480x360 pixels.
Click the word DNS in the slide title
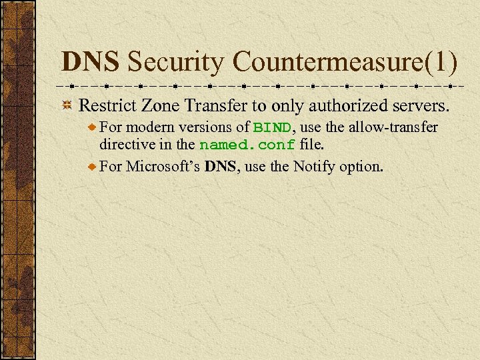[x=90, y=63]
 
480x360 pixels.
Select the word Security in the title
[x=176, y=63]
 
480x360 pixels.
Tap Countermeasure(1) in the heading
[x=345, y=63]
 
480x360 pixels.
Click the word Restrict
[x=104, y=105]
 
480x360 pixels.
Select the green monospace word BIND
[x=271, y=127]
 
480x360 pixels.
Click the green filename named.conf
[x=247, y=145]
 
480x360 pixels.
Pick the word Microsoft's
[x=163, y=166]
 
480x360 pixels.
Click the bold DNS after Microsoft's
[x=221, y=166]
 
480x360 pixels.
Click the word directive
[x=125, y=145]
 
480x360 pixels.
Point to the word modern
[x=148, y=127]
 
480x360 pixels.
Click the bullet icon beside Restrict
[x=67, y=106]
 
